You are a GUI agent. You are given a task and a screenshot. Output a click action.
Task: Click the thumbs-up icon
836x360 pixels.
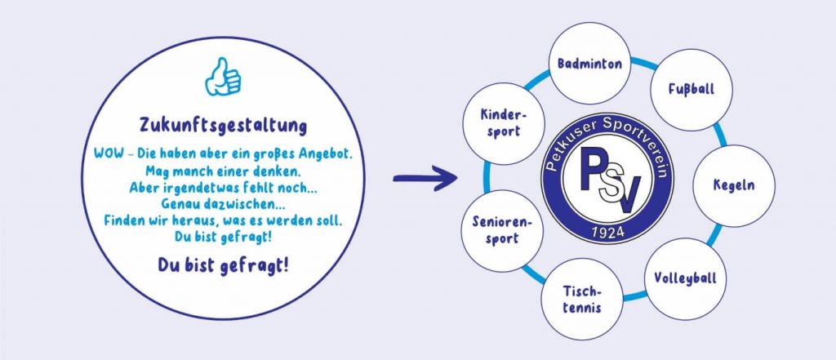(x=221, y=78)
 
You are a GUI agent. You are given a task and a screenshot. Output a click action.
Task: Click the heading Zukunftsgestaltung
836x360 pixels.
(x=222, y=127)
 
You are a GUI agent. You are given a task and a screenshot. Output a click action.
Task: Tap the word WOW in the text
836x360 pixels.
(x=109, y=155)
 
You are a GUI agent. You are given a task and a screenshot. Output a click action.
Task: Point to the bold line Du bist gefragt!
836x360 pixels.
(x=222, y=265)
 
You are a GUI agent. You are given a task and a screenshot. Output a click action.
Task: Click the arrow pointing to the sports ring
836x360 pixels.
(x=425, y=178)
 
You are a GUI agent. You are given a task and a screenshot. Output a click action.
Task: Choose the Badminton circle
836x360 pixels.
(x=589, y=64)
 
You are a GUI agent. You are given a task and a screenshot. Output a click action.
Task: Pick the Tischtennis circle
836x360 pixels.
(x=582, y=299)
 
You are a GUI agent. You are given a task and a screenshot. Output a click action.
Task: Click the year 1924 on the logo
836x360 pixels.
(x=607, y=234)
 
